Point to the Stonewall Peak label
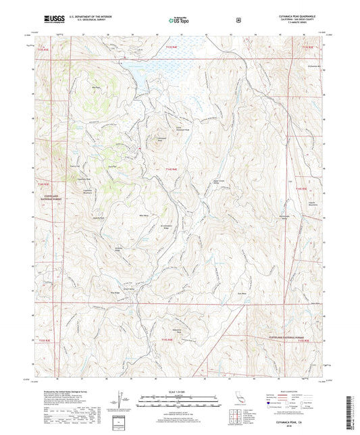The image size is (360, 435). pyautogui.click(x=161, y=139)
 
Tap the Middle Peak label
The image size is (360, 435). pyautogui.click(x=95, y=88)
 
